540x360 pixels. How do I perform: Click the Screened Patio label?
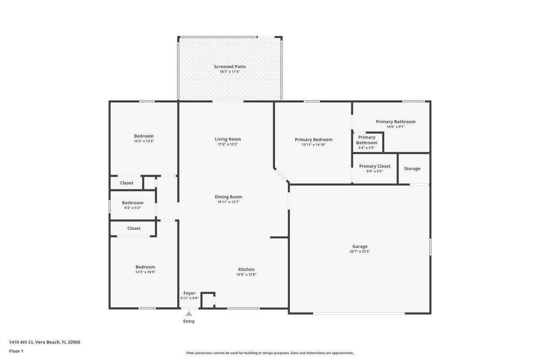[229, 67]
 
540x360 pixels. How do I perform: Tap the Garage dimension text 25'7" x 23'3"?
[360, 252]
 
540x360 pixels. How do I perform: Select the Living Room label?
[228, 139]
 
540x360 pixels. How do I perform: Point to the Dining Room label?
[228, 197]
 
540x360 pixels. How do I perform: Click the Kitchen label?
[246, 269]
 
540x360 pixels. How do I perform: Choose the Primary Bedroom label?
[314, 139]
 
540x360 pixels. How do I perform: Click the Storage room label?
[412, 169]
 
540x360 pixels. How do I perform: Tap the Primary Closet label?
[374, 166]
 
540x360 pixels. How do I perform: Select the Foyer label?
[189, 293]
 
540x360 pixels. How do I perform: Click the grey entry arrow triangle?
[189, 314]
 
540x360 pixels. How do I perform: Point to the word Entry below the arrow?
[189, 321]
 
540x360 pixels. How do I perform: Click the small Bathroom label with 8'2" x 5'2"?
[133, 202]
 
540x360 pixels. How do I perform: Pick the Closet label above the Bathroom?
[127, 183]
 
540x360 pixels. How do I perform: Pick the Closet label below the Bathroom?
[134, 229]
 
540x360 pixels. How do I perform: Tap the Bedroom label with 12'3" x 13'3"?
[144, 136]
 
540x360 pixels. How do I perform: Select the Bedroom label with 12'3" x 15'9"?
[145, 267]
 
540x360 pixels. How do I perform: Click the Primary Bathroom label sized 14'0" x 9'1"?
[396, 121]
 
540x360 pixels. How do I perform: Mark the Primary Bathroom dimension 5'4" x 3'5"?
[366, 148]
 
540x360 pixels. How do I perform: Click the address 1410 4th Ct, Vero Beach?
[45, 342]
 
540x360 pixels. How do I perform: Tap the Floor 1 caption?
[16, 351]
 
